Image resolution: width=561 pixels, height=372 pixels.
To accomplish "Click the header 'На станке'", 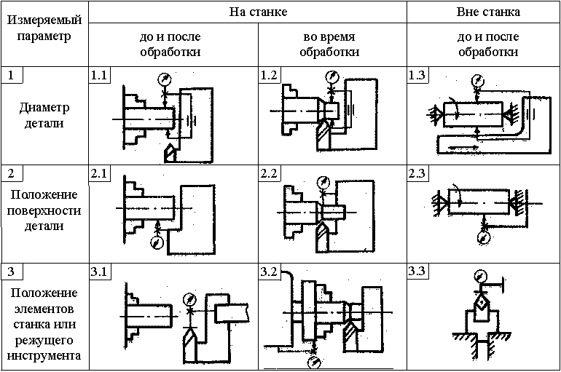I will pos(248,12).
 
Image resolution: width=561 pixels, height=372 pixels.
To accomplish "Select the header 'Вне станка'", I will pos(488,12).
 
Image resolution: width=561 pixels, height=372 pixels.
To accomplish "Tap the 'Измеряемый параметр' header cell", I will pos(44,27).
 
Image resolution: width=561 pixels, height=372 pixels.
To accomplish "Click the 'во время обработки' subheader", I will pos(331,44).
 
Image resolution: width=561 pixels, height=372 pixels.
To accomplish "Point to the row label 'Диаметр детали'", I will pos(44,116).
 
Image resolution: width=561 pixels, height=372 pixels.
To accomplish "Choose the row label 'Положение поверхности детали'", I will pos(44,210).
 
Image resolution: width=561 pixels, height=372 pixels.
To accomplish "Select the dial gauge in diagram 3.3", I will pos(479,276).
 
